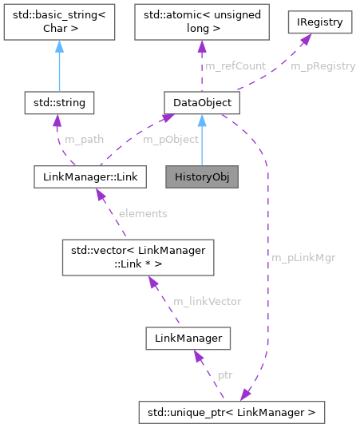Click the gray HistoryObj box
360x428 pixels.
202,176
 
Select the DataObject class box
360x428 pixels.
201,102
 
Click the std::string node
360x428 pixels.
60,102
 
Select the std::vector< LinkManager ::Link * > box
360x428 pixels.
139,258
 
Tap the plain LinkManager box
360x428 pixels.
188,339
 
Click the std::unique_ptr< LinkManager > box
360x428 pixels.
231,413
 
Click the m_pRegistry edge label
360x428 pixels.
322,65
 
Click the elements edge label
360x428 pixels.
142,213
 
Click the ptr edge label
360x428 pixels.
225,374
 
